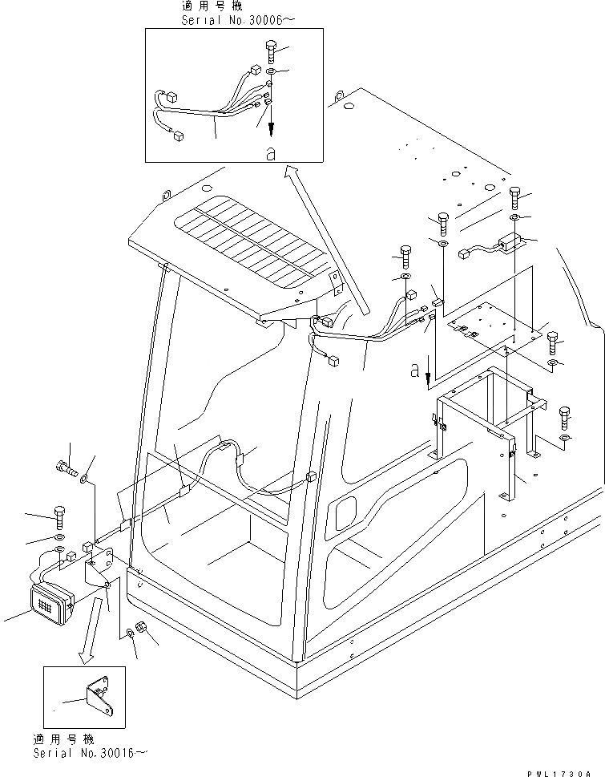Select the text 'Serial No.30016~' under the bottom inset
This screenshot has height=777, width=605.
(91, 755)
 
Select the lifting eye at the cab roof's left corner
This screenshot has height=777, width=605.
(167, 195)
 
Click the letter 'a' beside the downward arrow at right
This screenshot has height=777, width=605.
(413, 370)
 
